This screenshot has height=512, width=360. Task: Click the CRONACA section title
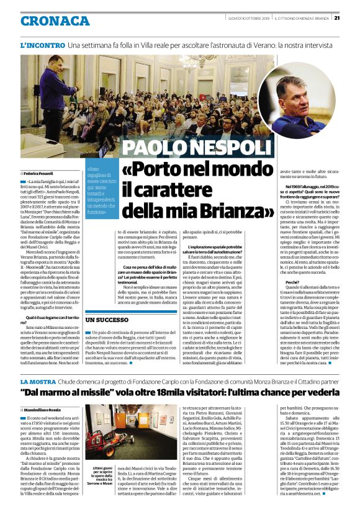point(55,21)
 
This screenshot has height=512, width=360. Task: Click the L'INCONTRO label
point(42,46)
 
